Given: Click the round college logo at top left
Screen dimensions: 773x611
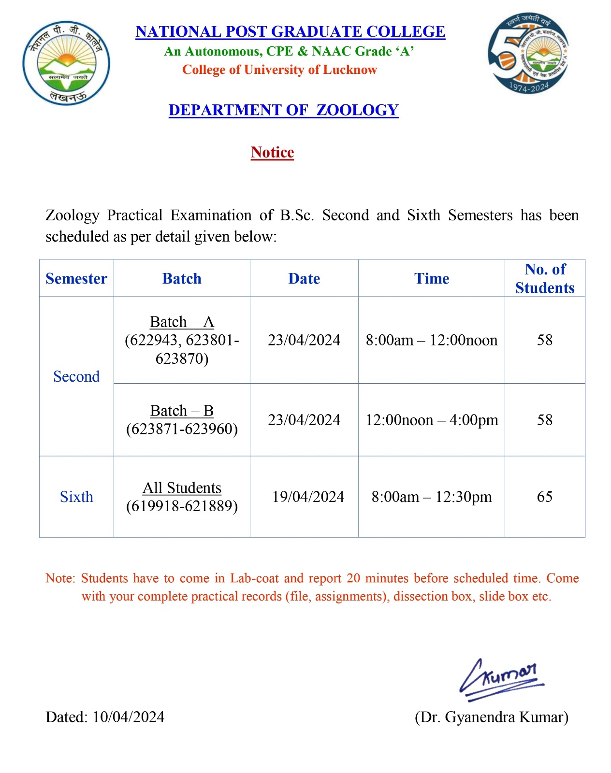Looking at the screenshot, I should tap(66, 63).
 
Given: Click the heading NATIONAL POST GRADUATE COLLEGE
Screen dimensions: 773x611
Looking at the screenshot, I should tap(290, 32).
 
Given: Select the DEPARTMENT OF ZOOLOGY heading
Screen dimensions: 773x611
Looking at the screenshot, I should tap(283, 110).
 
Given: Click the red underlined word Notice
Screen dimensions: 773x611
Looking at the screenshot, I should tap(272, 152).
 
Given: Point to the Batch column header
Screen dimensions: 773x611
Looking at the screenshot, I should tap(182, 279).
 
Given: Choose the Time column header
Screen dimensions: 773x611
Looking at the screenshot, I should tap(432, 279).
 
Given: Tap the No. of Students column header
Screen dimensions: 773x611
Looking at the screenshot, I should tap(545, 278).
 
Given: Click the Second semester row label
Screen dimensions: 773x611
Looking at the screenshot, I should tap(76, 376).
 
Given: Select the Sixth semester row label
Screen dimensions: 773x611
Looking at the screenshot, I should tap(76, 497).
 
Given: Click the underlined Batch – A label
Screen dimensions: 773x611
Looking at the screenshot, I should tap(182, 322).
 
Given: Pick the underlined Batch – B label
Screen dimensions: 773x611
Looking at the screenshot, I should tap(182, 411).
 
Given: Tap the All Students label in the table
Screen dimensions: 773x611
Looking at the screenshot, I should tap(182, 488).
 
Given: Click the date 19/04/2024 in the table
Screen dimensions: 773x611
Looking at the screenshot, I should tap(308, 497).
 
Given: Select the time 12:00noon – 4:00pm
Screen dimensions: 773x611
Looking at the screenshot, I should tap(432, 420).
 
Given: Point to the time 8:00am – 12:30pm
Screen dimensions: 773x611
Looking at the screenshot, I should tap(432, 497).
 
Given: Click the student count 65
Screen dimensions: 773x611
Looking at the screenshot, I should tap(545, 497).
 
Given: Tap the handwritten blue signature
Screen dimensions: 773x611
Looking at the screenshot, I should tap(501, 679).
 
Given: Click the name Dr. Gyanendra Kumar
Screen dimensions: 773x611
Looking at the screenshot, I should tap(492, 717).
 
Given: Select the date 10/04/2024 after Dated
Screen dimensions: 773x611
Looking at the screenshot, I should tap(129, 717).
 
